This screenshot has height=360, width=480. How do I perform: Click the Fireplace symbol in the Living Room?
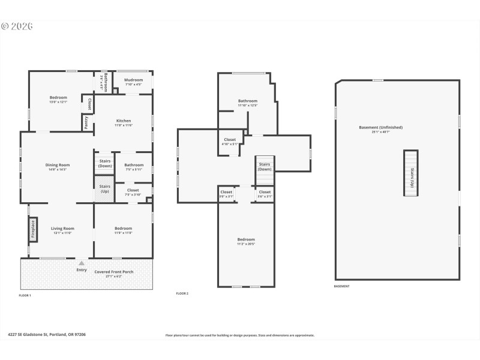(33, 230)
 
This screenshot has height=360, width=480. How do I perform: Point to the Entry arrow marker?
(82, 263)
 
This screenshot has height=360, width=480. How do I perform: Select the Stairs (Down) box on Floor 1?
(104, 163)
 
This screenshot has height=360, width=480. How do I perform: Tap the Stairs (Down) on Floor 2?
(265, 167)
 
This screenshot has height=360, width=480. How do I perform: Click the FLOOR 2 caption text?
(182, 293)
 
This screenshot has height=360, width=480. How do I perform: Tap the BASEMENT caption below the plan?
(341, 286)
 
